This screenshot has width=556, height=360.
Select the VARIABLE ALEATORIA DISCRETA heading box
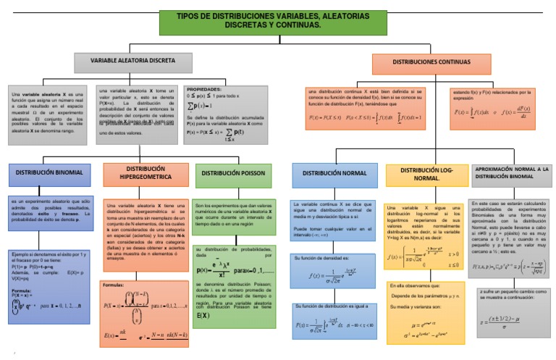[x=132, y=62]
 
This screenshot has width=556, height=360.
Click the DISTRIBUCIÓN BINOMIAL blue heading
[x=49, y=173]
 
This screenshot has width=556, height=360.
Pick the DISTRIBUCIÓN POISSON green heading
[x=234, y=174]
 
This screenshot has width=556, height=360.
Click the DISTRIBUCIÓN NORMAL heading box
[x=334, y=174]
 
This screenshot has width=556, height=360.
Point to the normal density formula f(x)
[x=334, y=275]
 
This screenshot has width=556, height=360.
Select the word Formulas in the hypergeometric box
[x=114, y=285]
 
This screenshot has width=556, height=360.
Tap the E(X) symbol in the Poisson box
[x=203, y=316]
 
